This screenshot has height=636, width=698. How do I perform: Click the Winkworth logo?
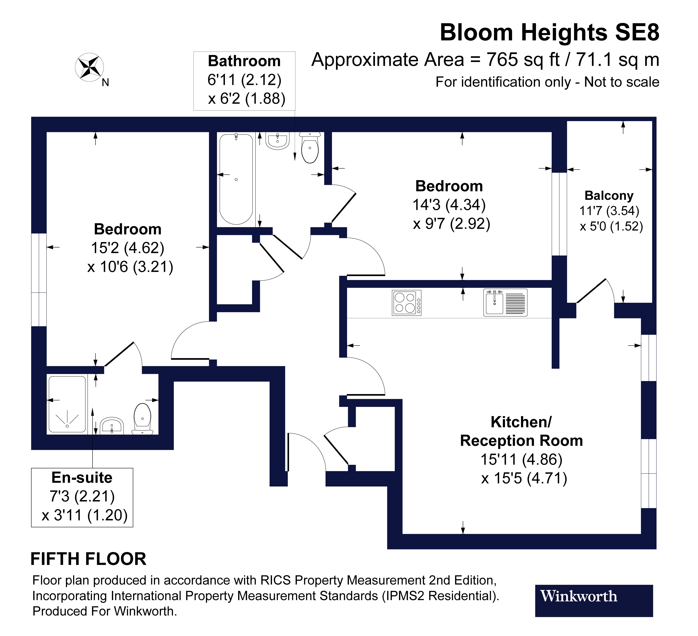pos(594,596)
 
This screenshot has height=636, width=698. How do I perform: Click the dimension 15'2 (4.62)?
pos(127,248)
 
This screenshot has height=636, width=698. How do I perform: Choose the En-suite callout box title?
pos(82,478)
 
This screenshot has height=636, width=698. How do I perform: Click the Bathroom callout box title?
pos(244,61)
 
